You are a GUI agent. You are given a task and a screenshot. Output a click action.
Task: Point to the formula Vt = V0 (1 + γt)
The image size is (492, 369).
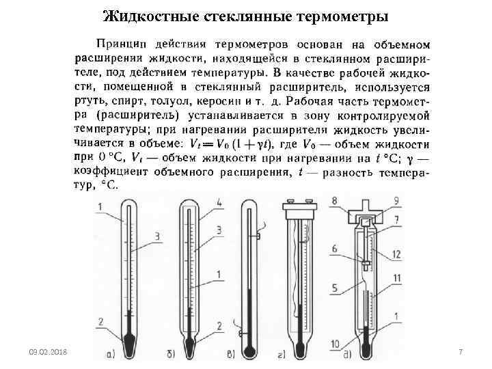(229, 144)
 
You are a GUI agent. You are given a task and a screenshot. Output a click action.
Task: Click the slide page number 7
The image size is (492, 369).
(461, 351)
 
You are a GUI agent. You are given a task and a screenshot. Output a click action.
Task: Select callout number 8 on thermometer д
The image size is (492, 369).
(334, 200)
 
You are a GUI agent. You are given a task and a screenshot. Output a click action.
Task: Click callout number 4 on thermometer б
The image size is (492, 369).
(219, 203)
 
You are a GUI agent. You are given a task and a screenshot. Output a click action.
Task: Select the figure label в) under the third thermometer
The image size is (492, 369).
(245, 355)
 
